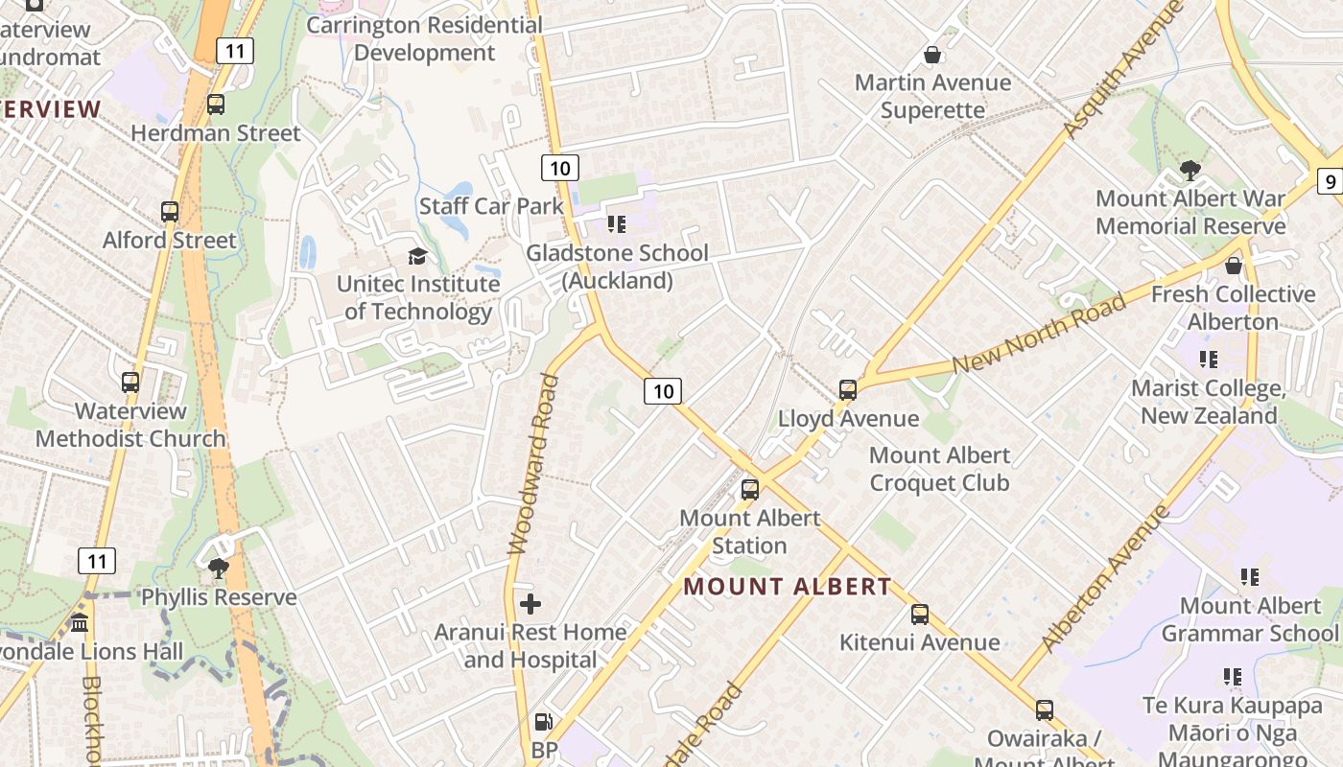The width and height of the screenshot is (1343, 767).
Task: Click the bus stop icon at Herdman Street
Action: (216, 105)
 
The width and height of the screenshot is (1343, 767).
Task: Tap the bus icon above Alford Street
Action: (170, 212)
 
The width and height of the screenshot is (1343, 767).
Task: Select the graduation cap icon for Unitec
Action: (417, 256)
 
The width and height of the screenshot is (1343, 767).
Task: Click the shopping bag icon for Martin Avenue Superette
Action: (931, 55)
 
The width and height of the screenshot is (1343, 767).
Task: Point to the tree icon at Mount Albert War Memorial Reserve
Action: (1190, 171)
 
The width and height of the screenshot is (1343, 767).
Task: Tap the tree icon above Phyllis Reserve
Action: (219, 568)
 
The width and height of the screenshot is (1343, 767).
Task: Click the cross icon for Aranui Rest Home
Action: (530, 603)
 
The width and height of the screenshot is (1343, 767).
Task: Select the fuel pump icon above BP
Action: (543, 722)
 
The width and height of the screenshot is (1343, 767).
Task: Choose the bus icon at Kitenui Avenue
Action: (920, 614)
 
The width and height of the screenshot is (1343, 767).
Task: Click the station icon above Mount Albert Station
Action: (750, 489)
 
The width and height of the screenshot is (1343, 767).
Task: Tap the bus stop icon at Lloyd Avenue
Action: (848, 390)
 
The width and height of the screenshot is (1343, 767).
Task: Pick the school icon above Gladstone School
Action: (617, 224)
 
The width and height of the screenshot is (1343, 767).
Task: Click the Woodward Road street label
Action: (533, 464)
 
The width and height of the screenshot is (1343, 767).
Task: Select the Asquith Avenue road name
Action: (1123, 70)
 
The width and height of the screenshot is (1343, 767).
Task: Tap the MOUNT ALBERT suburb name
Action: (788, 587)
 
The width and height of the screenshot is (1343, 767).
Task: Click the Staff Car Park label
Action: (491, 206)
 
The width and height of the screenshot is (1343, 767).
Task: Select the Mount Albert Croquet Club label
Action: (939, 469)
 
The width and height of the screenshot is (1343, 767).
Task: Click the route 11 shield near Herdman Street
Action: (235, 51)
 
